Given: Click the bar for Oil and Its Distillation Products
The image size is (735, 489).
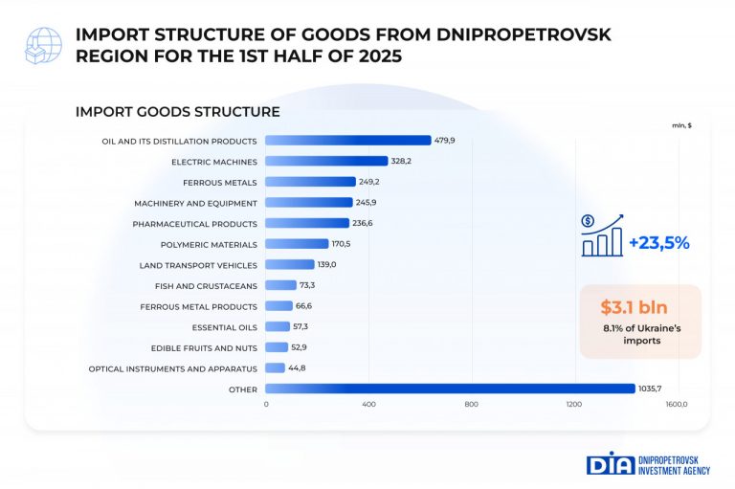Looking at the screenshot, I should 347,141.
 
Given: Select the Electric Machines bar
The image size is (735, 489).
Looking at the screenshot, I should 325,161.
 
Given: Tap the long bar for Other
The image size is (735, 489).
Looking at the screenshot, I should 450,389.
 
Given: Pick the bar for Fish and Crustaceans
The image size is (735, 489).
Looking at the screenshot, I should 280,285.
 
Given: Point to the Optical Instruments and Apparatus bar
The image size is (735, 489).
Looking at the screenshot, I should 275,367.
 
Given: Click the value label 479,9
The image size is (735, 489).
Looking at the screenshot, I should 444,141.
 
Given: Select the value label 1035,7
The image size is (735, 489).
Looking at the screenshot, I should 654,389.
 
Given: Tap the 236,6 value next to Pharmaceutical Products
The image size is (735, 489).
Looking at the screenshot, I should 363,223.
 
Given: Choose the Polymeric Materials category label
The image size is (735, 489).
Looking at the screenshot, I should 210,244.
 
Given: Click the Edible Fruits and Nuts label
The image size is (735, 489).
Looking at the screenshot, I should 205,347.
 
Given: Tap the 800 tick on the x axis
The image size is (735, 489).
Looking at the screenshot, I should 471,405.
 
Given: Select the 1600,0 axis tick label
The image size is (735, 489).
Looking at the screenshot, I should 676,405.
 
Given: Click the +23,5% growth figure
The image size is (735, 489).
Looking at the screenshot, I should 659,243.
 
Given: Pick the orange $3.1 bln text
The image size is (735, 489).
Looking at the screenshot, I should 635,307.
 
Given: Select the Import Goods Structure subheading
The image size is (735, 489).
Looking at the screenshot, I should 177,112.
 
